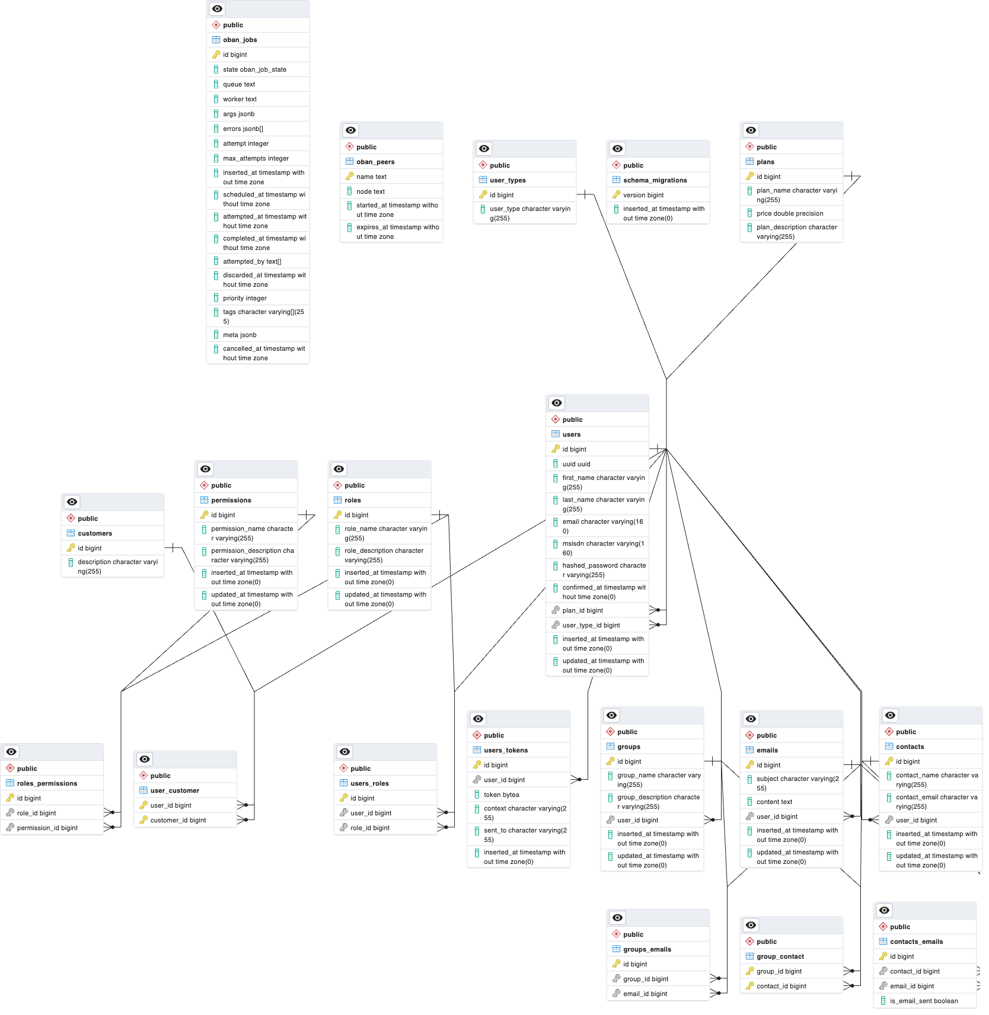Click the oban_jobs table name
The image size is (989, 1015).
[x=240, y=40]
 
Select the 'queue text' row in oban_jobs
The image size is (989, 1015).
[x=238, y=84]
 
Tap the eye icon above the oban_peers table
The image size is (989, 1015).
[x=351, y=130]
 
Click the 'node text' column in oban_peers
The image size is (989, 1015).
[x=370, y=191]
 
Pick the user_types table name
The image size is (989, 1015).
[x=508, y=180]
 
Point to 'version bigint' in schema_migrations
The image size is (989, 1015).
[x=643, y=195]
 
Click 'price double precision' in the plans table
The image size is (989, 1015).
[x=789, y=213]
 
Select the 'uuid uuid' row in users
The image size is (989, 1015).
[x=576, y=464]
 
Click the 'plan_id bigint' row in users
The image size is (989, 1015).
[x=582, y=610]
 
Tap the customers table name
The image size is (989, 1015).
[x=95, y=533]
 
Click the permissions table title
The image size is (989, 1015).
[x=231, y=500]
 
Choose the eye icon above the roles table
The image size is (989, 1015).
[x=339, y=469]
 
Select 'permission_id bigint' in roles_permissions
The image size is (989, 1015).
[x=47, y=828]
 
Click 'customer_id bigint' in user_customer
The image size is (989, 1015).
[x=178, y=820]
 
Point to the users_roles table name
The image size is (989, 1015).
[x=369, y=783]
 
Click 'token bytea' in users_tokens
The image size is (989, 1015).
[x=501, y=795]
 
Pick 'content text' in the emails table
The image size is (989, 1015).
[x=774, y=802]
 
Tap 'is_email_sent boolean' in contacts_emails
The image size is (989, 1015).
[x=923, y=1001]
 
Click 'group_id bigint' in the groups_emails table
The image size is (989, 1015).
[x=645, y=979]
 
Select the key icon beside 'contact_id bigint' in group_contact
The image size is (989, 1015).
[x=749, y=986]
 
